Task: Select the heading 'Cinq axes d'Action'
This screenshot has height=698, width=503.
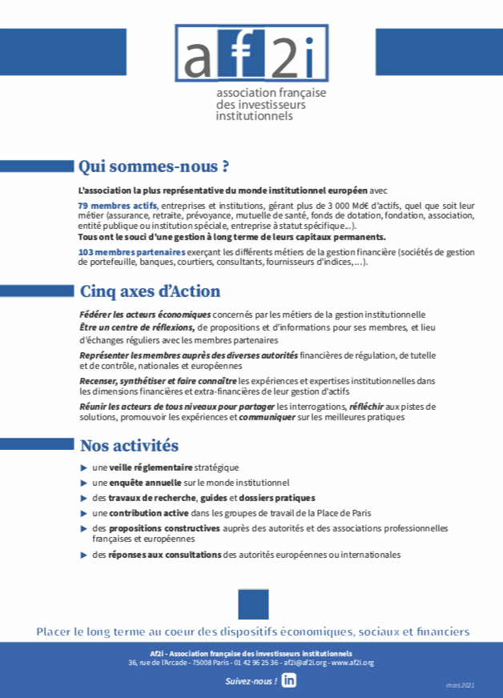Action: (x=150, y=291)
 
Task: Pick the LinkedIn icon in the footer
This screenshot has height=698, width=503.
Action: (x=289, y=680)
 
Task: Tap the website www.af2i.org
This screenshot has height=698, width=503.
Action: (x=352, y=663)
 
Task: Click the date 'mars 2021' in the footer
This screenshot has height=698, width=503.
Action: (x=461, y=685)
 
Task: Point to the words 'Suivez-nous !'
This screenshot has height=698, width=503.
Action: (x=251, y=680)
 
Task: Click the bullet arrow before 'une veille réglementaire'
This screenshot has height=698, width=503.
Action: (x=84, y=467)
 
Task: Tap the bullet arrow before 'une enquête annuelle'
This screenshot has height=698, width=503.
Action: (x=84, y=483)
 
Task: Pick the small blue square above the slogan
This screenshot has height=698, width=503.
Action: (x=253, y=604)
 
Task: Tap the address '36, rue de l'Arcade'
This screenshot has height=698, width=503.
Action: (x=159, y=663)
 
